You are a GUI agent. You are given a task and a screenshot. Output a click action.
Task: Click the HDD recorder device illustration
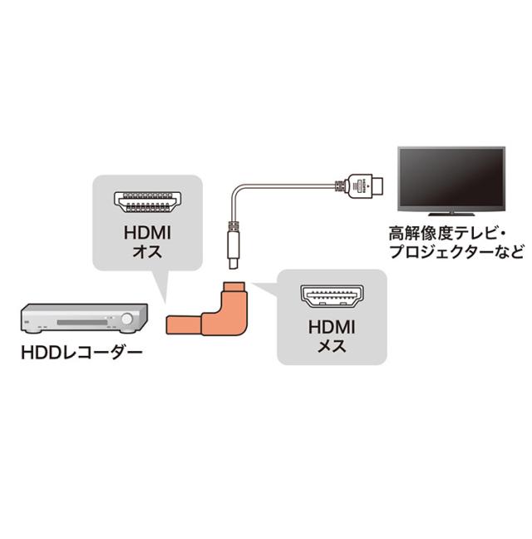[x=84, y=318]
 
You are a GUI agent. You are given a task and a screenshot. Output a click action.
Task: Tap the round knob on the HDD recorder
[x=127, y=319]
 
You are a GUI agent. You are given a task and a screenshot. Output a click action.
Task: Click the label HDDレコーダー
[x=81, y=353]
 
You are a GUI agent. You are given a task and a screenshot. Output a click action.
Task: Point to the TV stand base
[x=451, y=214]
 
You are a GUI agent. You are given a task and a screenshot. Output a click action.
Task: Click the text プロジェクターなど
[x=457, y=252]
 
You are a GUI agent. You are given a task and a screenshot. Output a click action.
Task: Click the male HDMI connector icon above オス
[x=148, y=202]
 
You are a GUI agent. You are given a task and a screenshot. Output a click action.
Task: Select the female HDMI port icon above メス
[x=332, y=295]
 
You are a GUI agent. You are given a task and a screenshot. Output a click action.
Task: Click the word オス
[x=147, y=251]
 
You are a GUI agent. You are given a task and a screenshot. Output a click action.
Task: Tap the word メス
[x=332, y=345]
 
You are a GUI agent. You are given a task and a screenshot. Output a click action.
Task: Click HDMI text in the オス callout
[x=147, y=233]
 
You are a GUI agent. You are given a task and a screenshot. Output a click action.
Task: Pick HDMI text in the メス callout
[x=332, y=327]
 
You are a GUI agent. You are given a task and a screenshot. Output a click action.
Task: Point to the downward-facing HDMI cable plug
[x=234, y=245]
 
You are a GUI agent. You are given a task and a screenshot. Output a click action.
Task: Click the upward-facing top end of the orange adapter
[x=234, y=285]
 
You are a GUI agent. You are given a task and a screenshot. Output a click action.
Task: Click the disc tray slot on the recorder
[x=82, y=323]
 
